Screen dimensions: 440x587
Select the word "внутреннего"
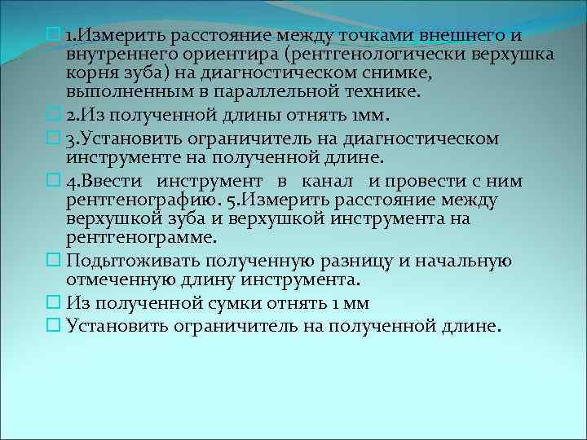tap(114, 55)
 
